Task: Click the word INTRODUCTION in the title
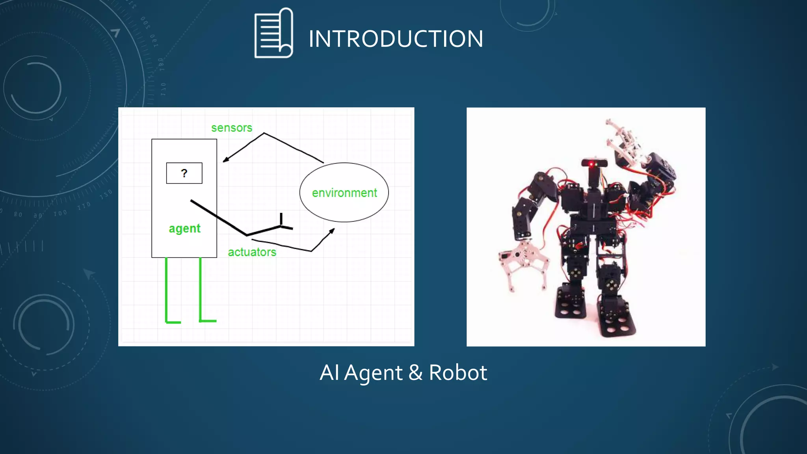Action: tap(396, 39)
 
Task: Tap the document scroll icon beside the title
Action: tap(273, 33)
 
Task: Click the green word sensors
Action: tap(232, 128)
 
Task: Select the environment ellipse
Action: tap(344, 192)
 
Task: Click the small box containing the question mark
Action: tap(184, 173)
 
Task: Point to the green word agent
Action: tap(184, 229)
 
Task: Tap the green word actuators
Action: tap(252, 252)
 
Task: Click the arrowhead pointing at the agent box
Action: tap(226, 159)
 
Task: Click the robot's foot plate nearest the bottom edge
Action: tap(617, 323)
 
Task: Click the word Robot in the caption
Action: tap(458, 372)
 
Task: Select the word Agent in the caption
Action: tap(373, 373)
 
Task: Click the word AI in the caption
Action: tap(329, 372)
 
